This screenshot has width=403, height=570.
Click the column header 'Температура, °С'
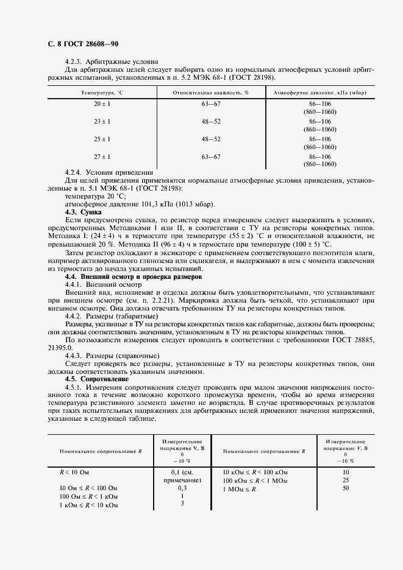pyautogui.click(x=102, y=93)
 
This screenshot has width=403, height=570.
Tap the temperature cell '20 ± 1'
pyautogui.click(x=102, y=104)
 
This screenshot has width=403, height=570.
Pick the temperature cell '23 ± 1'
pyautogui.click(x=102, y=122)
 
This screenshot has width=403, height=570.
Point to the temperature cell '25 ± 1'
pyautogui.click(x=102, y=139)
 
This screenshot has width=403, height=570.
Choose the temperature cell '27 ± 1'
pyautogui.click(x=102, y=157)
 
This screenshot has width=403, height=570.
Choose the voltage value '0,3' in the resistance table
pyautogui.click(x=181, y=488)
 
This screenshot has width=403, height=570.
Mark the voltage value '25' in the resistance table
pyautogui.click(x=345, y=480)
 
